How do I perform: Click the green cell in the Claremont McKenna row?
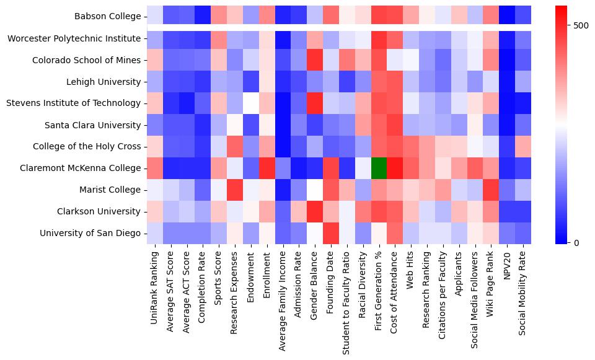pyautogui.click(x=380, y=168)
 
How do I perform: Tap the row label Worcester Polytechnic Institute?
pyautogui.click(x=74, y=38)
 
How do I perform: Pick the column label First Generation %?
pyautogui.click(x=380, y=285)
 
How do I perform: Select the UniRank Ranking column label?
pyautogui.click(x=154, y=281)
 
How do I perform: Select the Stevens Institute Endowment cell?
pyautogui.click(x=251, y=103)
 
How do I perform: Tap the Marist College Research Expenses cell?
pyautogui.click(x=235, y=190)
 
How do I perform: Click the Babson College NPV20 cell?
pyautogui.click(x=508, y=17)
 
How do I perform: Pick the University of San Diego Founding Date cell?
pyautogui.click(x=332, y=233)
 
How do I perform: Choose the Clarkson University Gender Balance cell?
pyautogui.click(x=315, y=211)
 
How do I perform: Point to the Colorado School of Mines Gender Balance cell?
pyautogui.click(x=315, y=60)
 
